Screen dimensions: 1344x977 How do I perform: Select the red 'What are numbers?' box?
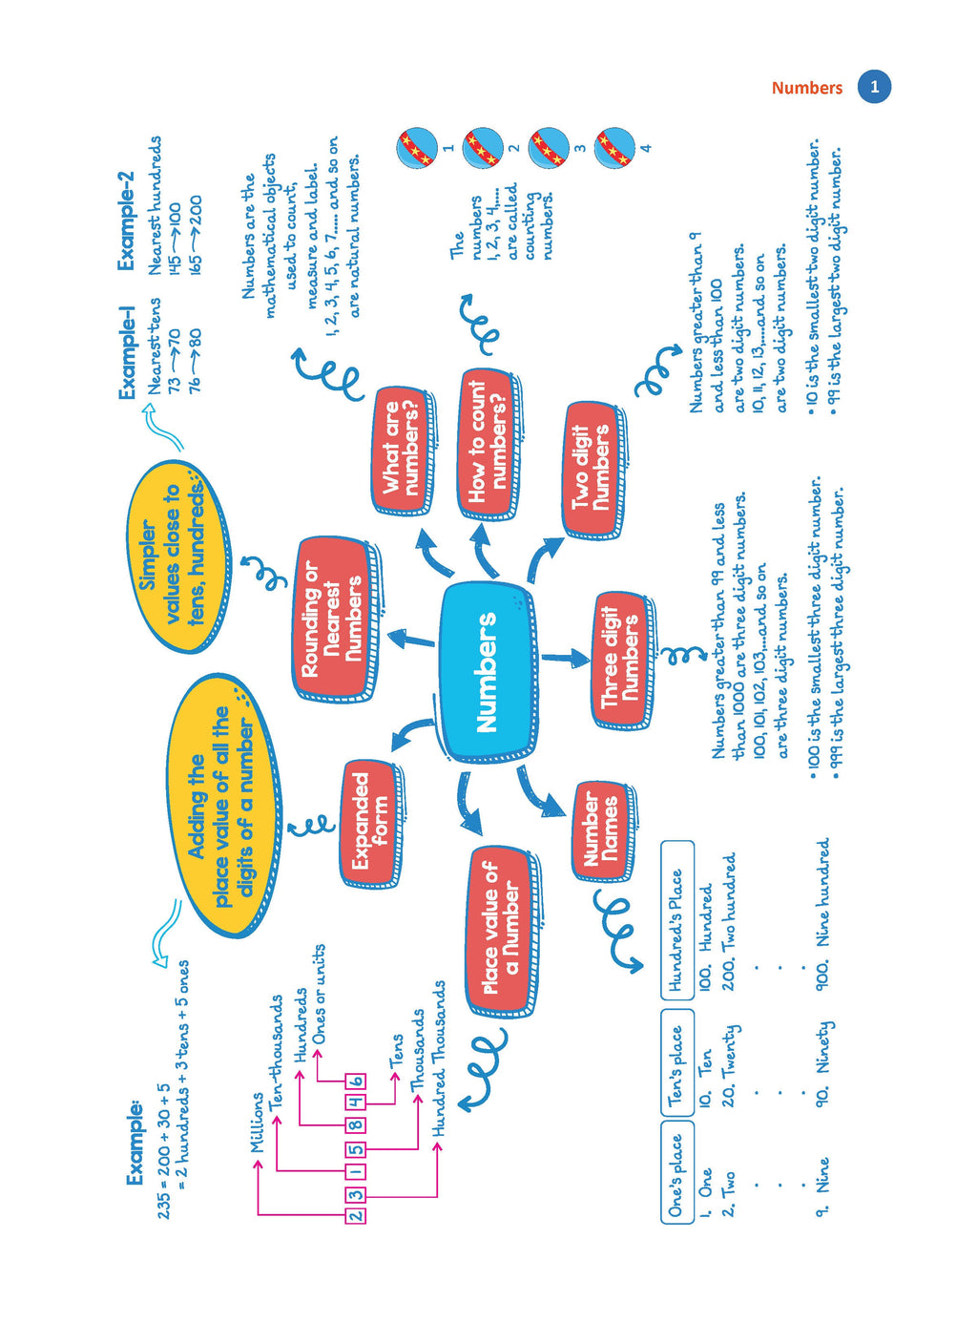pyautogui.click(x=401, y=449)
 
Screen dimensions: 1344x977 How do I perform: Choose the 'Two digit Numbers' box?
pyautogui.click(x=592, y=468)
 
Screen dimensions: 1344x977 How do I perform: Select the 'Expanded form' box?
pyautogui.click(x=370, y=821)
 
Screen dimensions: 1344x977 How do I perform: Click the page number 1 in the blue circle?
pyautogui.click(x=873, y=87)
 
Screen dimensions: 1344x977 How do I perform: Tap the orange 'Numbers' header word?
pyautogui.click(x=806, y=88)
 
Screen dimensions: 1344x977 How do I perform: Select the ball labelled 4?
pyautogui.click(x=614, y=147)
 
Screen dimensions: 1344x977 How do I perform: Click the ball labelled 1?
pyautogui.click(x=416, y=147)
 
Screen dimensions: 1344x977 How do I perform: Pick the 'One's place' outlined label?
pyautogui.click(x=676, y=1172)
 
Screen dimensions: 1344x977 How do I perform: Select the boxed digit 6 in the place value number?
pyautogui.click(x=355, y=1081)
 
